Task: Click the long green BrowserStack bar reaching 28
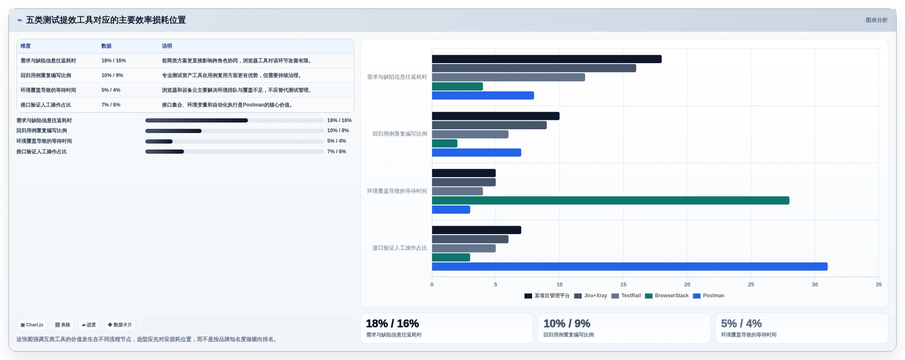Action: click(610, 200)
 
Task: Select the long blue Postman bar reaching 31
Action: click(630, 267)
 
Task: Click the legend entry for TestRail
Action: click(626, 296)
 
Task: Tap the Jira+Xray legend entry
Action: click(591, 296)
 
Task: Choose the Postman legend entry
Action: click(708, 296)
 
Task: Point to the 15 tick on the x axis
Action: click(623, 285)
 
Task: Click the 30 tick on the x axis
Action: click(815, 285)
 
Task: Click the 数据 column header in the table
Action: click(106, 46)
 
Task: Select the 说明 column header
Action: click(167, 46)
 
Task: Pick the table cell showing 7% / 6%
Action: click(111, 105)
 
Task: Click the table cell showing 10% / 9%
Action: click(112, 75)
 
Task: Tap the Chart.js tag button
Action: click(32, 325)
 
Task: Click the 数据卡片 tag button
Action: click(120, 325)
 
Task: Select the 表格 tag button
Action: click(63, 325)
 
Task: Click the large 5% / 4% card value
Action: click(741, 323)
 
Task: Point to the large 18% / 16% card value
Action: click(392, 323)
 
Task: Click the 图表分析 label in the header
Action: click(876, 20)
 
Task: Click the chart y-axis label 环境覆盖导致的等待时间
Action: click(397, 191)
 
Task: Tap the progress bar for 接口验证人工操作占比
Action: click(234, 152)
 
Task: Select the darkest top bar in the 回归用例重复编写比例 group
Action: click(495, 116)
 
